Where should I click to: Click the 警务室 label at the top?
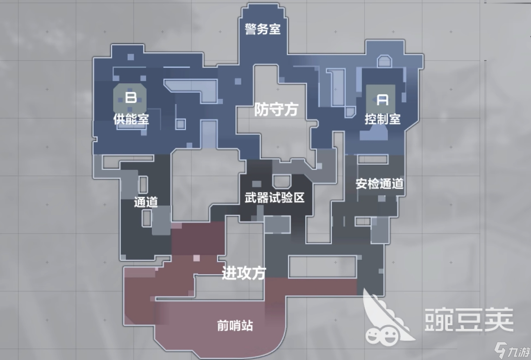(263, 29)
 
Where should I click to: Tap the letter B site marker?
(131, 97)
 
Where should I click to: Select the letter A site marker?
(382, 100)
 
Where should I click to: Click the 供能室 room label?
(131, 119)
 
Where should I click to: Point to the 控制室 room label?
(383, 119)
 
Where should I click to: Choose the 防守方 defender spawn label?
(276, 109)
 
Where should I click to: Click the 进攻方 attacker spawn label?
(244, 273)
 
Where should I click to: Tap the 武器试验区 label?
(275, 198)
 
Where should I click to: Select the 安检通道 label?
(379, 183)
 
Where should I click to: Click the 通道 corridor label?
(146, 202)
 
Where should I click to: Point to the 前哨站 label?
(235, 326)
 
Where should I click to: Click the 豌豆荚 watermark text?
(469, 319)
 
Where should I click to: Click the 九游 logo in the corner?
(512, 350)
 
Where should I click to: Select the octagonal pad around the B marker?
(129, 98)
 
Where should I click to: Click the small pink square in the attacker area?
(196, 258)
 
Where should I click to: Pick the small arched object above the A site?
(384, 61)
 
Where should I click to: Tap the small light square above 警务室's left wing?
(131, 57)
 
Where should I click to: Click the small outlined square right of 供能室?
(180, 124)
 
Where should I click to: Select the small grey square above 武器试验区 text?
(256, 183)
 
